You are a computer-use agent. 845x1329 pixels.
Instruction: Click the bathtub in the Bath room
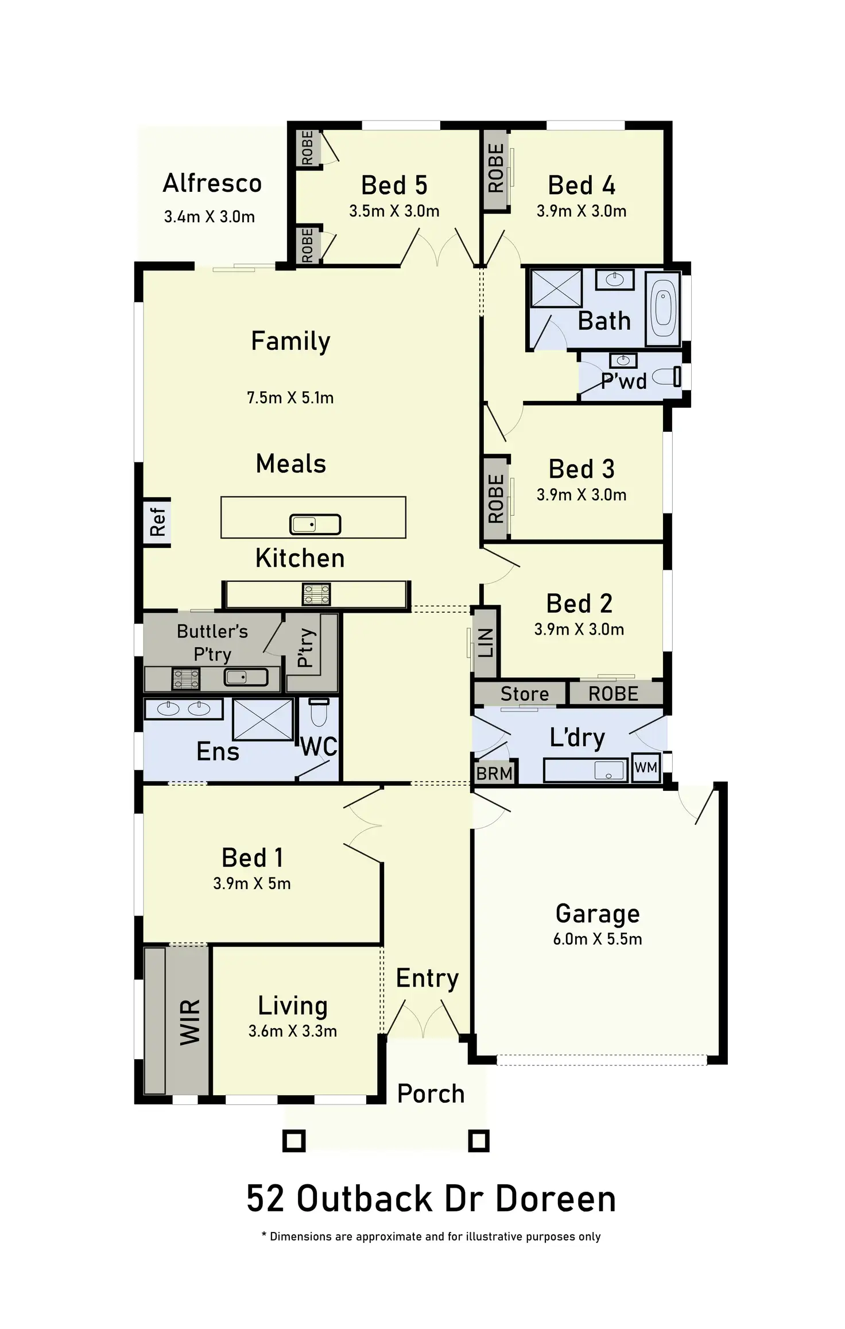pyautogui.click(x=664, y=309)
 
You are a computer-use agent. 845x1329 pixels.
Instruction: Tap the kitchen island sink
pyautogui.click(x=315, y=524)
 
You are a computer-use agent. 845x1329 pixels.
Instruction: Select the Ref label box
pyautogui.click(x=157, y=521)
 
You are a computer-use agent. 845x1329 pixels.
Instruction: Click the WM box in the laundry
pyautogui.click(x=646, y=767)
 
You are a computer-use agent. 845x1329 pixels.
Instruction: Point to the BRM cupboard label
pyautogui.click(x=494, y=774)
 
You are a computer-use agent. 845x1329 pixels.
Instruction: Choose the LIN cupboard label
pyautogui.click(x=486, y=643)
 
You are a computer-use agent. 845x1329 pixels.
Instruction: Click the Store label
pyautogui.click(x=525, y=694)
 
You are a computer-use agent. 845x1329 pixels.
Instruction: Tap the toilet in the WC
pyautogui.click(x=319, y=713)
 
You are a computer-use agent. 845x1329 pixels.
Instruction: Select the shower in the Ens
pyautogui.click(x=263, y=718)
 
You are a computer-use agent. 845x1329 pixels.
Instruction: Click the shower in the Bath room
pyautogui.click(x=556, y=288)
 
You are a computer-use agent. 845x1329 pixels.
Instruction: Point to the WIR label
pyautogui.click(x=190, y=1022)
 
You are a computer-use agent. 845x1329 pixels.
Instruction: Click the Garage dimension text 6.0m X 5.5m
pyautogui.click(x=598, y=939)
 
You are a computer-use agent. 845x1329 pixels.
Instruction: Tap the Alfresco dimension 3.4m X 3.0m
pyautogui.click(x=210, y=217)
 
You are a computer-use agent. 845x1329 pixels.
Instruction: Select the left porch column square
pyautogui.click(x=294, y=1141)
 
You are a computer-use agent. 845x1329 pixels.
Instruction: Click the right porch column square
pyautogui.click(x=478, y=1141)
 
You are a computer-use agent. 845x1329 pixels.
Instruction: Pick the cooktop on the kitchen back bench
pyautogui.click(x=316, y=594)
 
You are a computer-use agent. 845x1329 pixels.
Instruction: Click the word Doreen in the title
pyautogui.click(x=556, y=1199)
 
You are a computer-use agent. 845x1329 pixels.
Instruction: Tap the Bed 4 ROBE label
pyautogui.click(x=496, y=168)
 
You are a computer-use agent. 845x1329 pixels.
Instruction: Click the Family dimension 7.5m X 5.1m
pyautogui.click(x=290, y=397)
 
